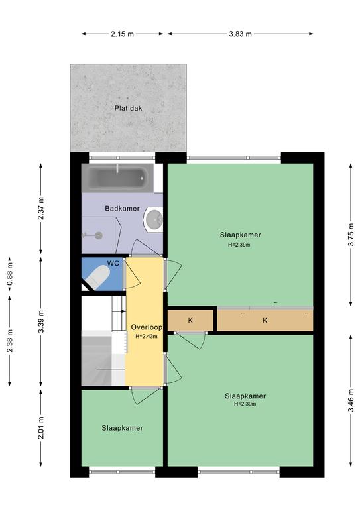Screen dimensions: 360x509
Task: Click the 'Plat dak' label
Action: pos(128,109)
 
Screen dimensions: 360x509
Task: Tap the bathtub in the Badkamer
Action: pos(117,178)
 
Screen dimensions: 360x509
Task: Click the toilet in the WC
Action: pos(98,277)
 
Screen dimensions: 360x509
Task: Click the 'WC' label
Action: pos(113,263)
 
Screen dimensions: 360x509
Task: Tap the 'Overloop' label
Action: pos(147,327)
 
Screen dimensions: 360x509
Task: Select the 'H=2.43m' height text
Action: pos(147,337)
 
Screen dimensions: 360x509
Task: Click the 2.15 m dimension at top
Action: pos(122,34)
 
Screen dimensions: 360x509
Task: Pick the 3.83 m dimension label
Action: pos(240,34)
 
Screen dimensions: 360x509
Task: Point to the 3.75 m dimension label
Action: pos(351,235)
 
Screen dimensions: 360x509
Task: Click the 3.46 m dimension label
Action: pos(351,400)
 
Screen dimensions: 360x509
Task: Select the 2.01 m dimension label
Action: pos(41,428)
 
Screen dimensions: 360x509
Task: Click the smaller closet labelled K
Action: pos(190,321)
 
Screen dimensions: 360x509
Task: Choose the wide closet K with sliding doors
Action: pos(265,321)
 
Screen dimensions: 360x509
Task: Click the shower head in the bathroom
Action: pos(98,235)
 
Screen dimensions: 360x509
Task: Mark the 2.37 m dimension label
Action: pos(41,208)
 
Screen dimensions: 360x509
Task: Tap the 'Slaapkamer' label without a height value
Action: pos(122,428)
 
